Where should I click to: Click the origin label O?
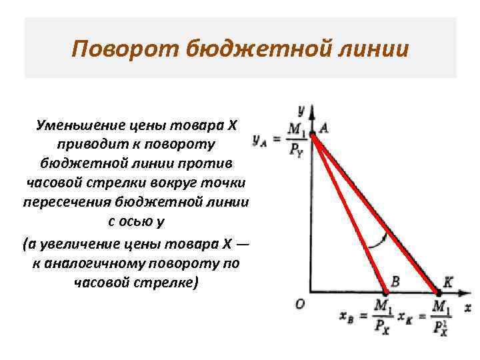click(x=299, y=303)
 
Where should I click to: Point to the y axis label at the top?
click(x=301, y=109)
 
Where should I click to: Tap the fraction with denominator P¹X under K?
click(x=440, y=318)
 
